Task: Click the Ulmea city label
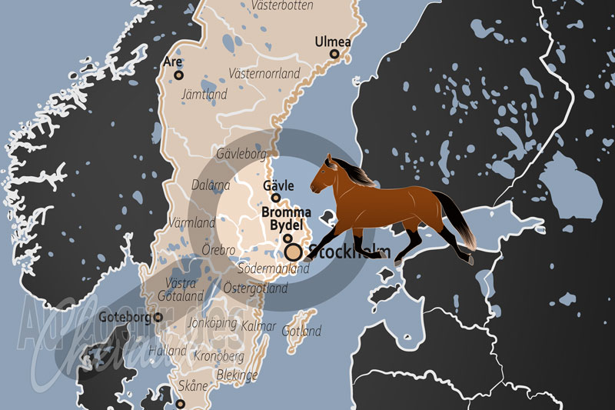[332, 42]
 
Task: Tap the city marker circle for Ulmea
[334, 54]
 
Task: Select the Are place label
[172, 62]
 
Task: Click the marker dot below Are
[179, 75]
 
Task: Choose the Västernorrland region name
[264, 74]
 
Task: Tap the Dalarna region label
[210, 185]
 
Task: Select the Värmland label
[191, 222]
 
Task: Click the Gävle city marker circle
[275, 198]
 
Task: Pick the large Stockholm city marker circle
[293, 252]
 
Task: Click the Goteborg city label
[126, 316]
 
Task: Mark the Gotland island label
[301, 332]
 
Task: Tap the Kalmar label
[258, 326]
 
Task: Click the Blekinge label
[238, 375]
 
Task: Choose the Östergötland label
[254, 288]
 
